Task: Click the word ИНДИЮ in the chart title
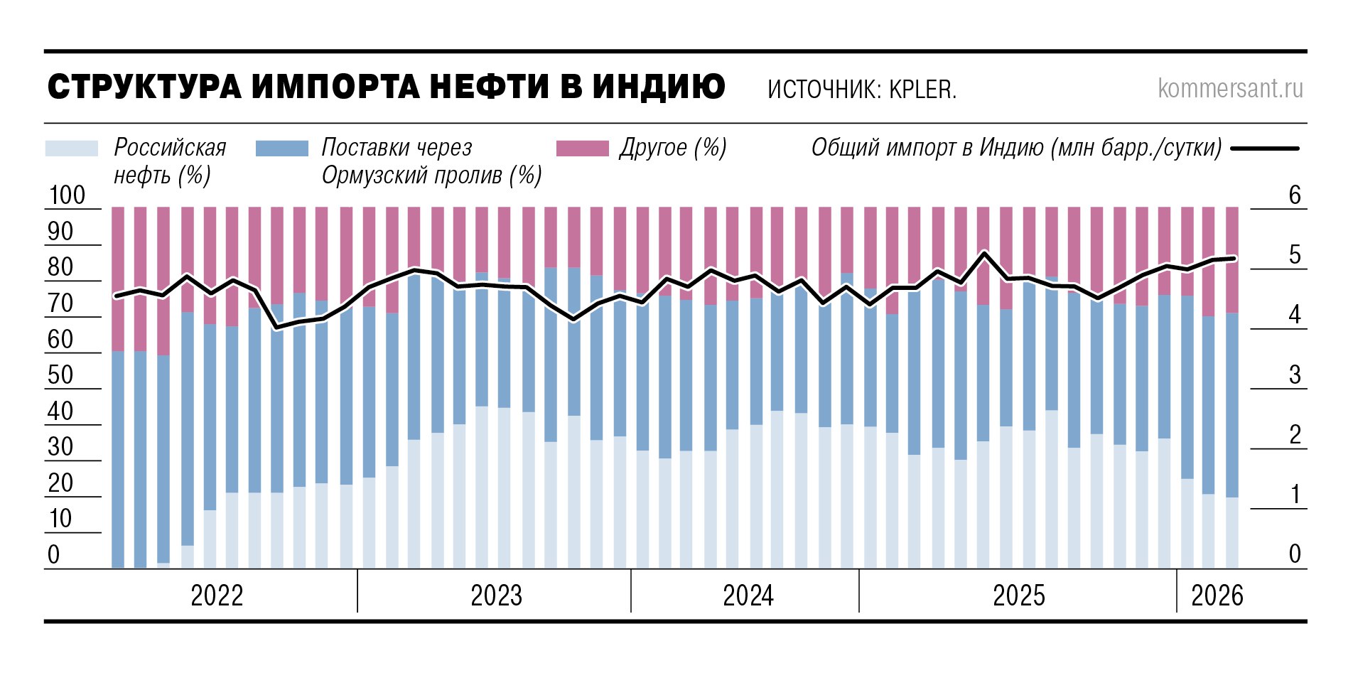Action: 659,87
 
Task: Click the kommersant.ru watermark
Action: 1230,88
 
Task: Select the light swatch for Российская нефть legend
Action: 71,148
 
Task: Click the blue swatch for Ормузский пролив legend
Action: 282,148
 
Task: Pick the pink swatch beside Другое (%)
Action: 582,148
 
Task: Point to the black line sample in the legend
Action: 1265,149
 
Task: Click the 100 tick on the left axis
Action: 67,195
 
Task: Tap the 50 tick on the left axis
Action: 60,375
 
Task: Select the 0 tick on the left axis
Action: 54,555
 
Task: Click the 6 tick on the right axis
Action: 1295,195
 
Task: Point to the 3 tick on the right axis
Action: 1295,375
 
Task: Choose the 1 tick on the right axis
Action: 1295,495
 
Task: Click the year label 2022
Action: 217,596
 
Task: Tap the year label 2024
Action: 748,596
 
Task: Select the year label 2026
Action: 1217,596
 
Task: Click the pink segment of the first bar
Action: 118,277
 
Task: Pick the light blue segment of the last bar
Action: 1232,533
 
